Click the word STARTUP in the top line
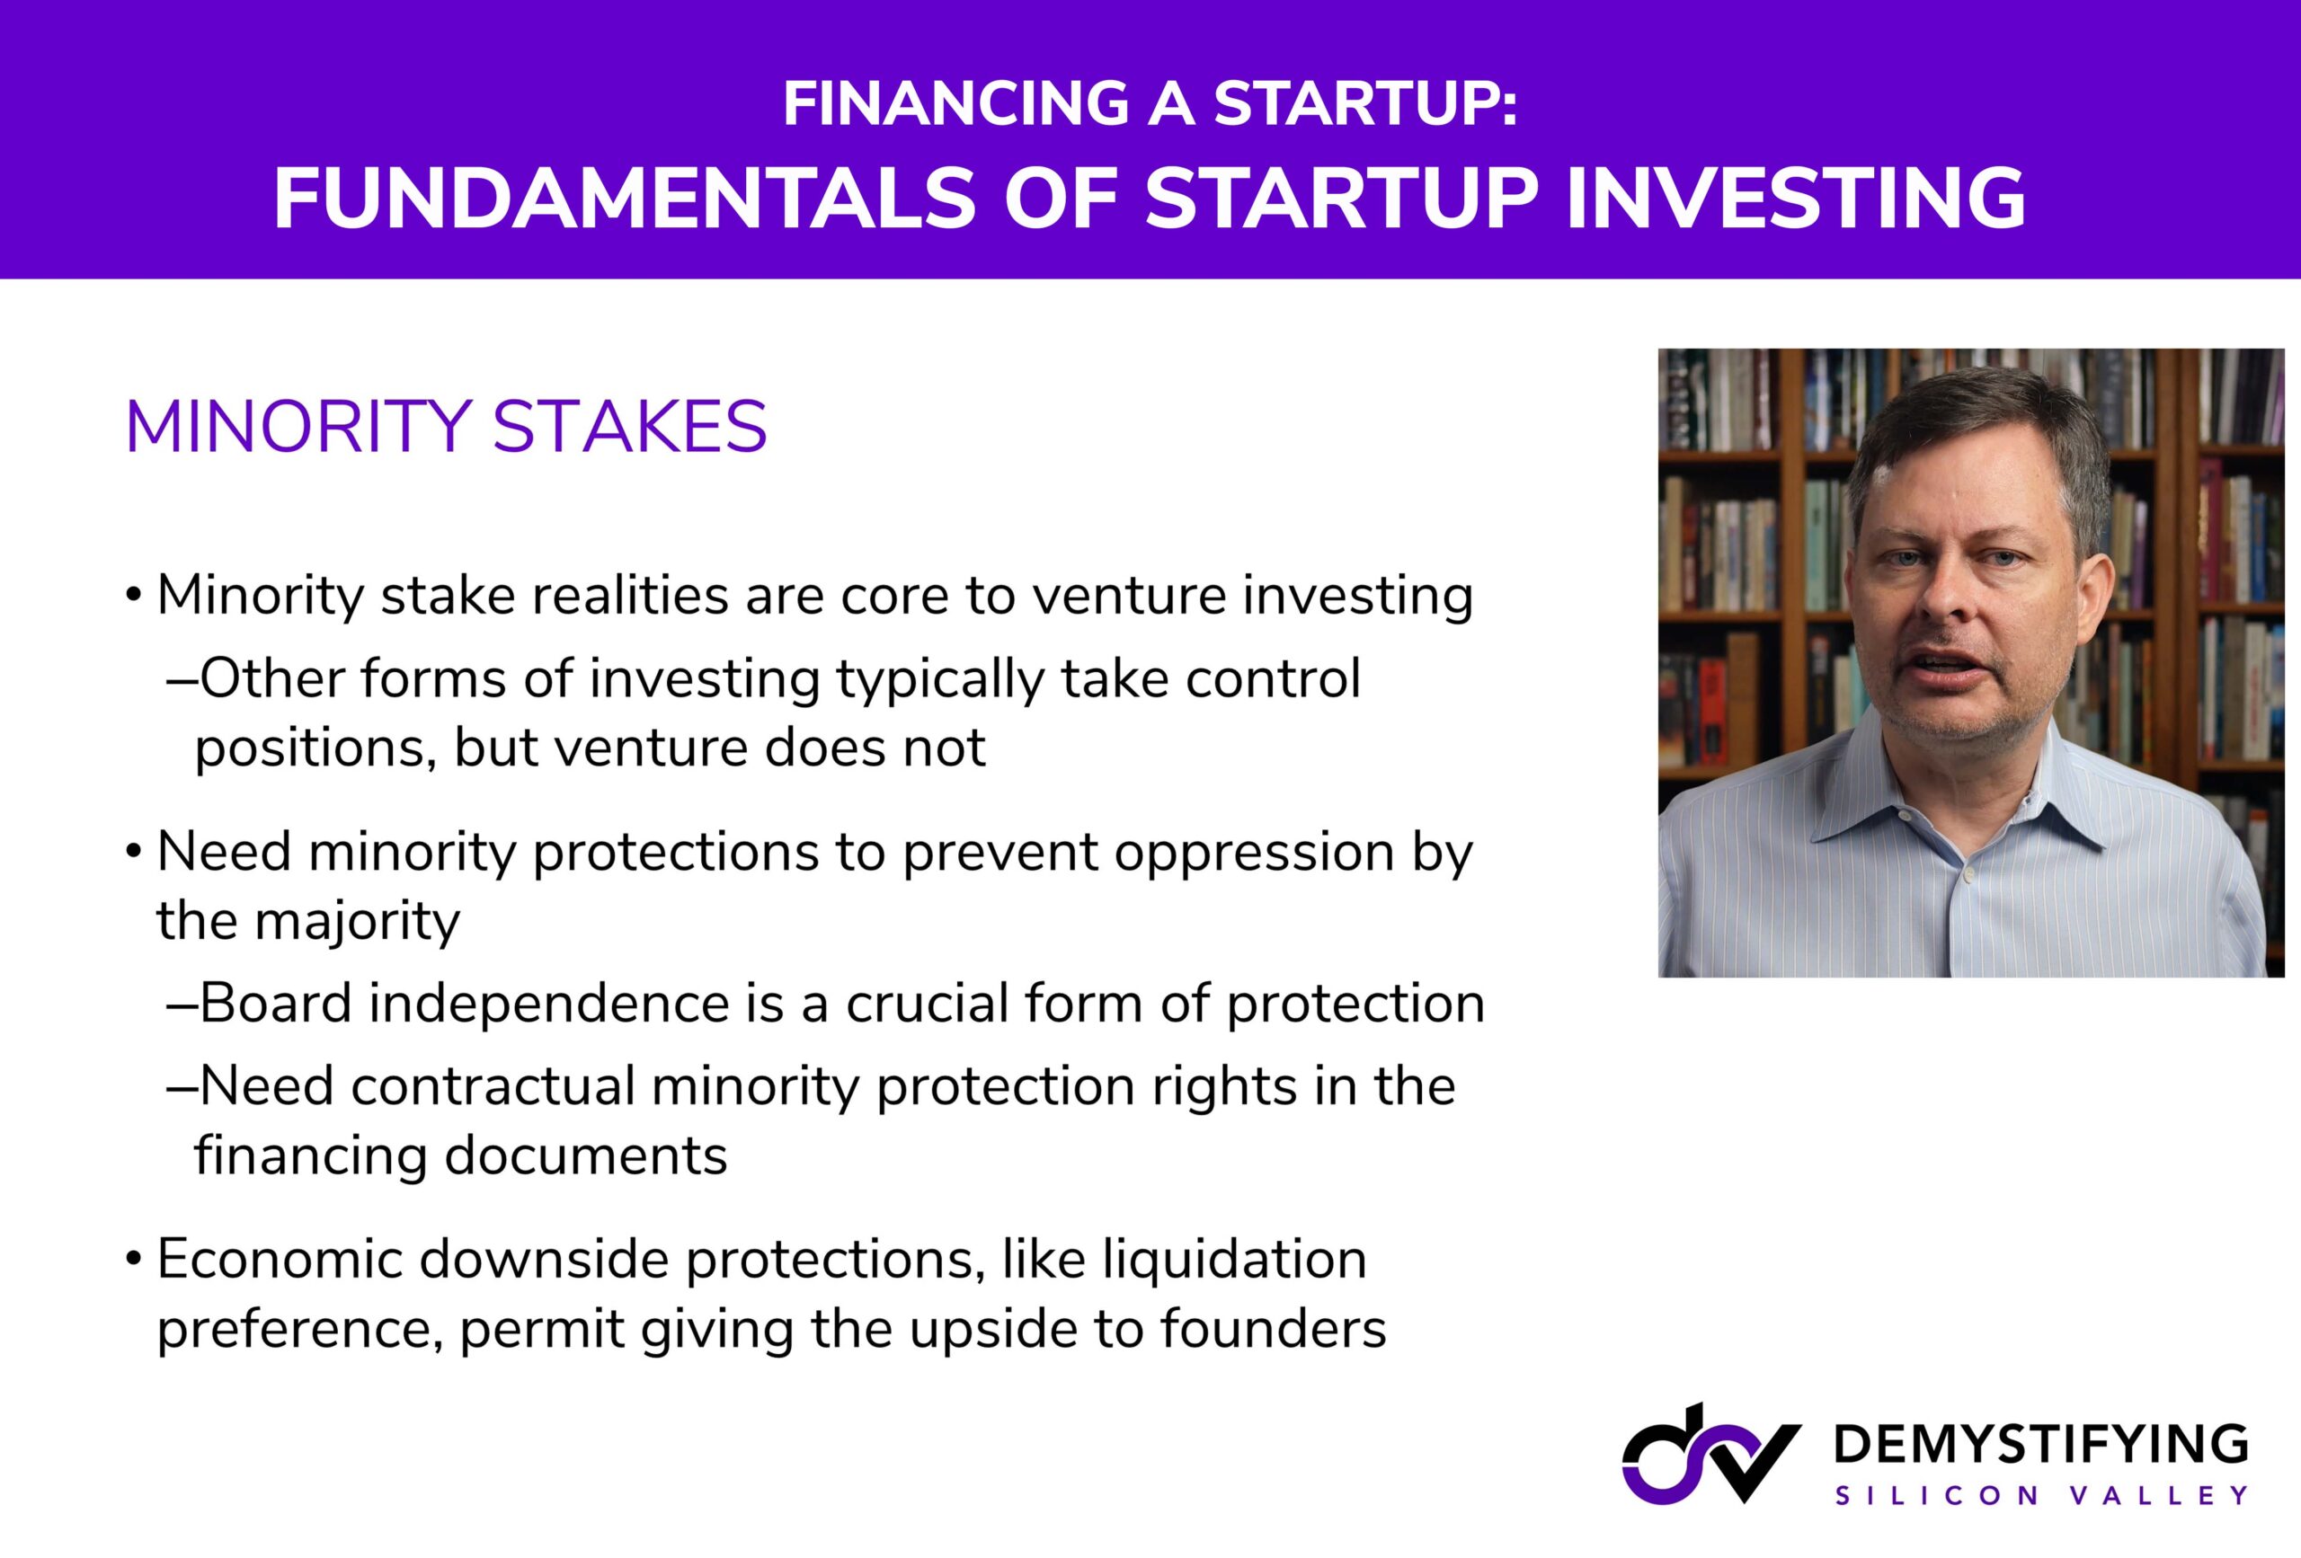(1365, 103)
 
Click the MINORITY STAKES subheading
(447, 427)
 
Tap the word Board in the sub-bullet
(276, 1003)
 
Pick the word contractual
(492, 1086)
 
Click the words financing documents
(460, 1155)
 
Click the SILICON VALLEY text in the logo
(2041, 1496)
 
